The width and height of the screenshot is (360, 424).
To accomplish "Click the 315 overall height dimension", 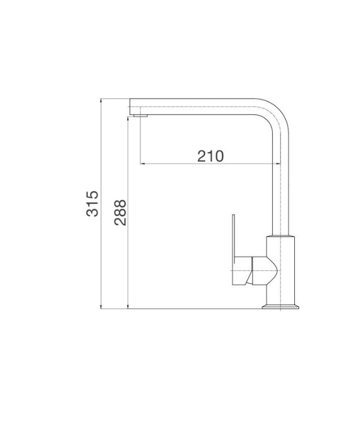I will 93,203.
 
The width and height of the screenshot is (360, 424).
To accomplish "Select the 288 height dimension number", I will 120,212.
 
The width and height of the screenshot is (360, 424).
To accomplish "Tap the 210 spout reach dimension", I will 211,156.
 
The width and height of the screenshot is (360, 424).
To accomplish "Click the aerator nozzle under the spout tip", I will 140,114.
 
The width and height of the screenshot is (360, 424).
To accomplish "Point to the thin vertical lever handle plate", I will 232,238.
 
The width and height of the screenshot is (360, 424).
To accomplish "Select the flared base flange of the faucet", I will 281,306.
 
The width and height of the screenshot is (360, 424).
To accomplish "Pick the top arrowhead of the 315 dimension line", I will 102,101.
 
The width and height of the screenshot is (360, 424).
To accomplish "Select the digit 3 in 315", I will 93,212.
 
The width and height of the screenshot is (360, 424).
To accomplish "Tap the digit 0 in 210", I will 219,156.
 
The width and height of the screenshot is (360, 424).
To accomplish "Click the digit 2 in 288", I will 120,221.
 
